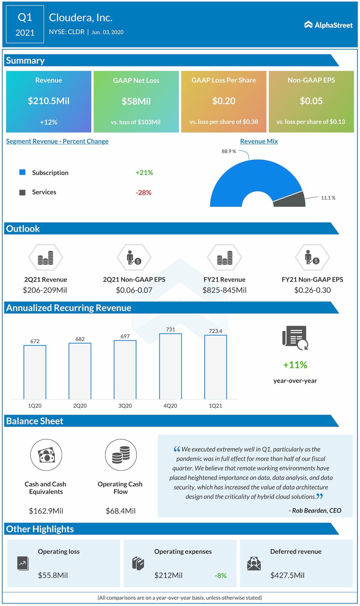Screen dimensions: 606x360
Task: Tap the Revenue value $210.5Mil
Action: pos(49,101)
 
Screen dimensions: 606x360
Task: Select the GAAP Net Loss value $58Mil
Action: pos(136,101)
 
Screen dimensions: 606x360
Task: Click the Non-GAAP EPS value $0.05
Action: pos(311,101)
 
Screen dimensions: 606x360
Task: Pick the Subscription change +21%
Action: pos(144,173)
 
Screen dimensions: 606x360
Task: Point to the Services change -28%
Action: pos(143,193)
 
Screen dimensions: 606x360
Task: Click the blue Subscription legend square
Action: pos(22,172)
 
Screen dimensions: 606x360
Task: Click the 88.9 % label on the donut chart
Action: pos(229,151)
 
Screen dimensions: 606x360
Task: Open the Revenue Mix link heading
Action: pos(259,141)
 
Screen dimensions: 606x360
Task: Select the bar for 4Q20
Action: pos(170,366)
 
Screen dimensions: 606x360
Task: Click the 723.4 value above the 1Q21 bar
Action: pos(215,331)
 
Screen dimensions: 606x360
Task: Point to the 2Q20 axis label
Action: pos(80,406)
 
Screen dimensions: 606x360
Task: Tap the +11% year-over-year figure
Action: pos(295,365)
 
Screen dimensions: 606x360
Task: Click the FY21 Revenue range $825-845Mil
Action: pos(224,290)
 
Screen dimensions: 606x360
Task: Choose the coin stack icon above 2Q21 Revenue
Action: pos(46,258)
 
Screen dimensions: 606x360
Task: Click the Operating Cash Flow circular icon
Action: pos(121,455)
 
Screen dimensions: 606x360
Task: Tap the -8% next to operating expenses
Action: pos(220,575)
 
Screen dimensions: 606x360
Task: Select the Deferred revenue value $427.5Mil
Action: pos(287,575)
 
